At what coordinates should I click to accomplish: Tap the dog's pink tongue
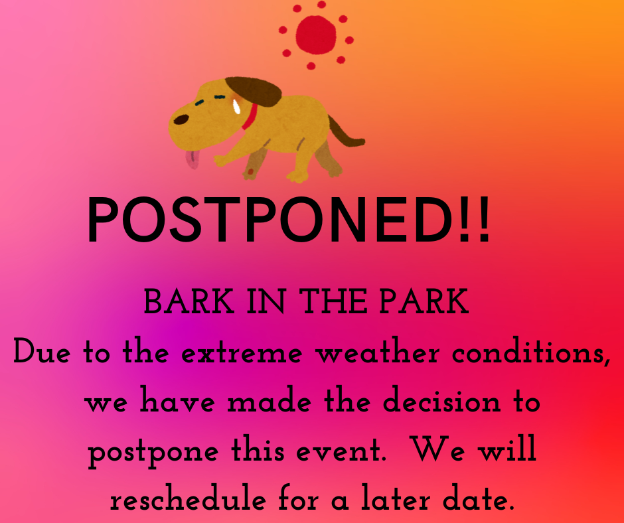coord(193,159)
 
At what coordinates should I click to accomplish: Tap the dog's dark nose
coord(180,120)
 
